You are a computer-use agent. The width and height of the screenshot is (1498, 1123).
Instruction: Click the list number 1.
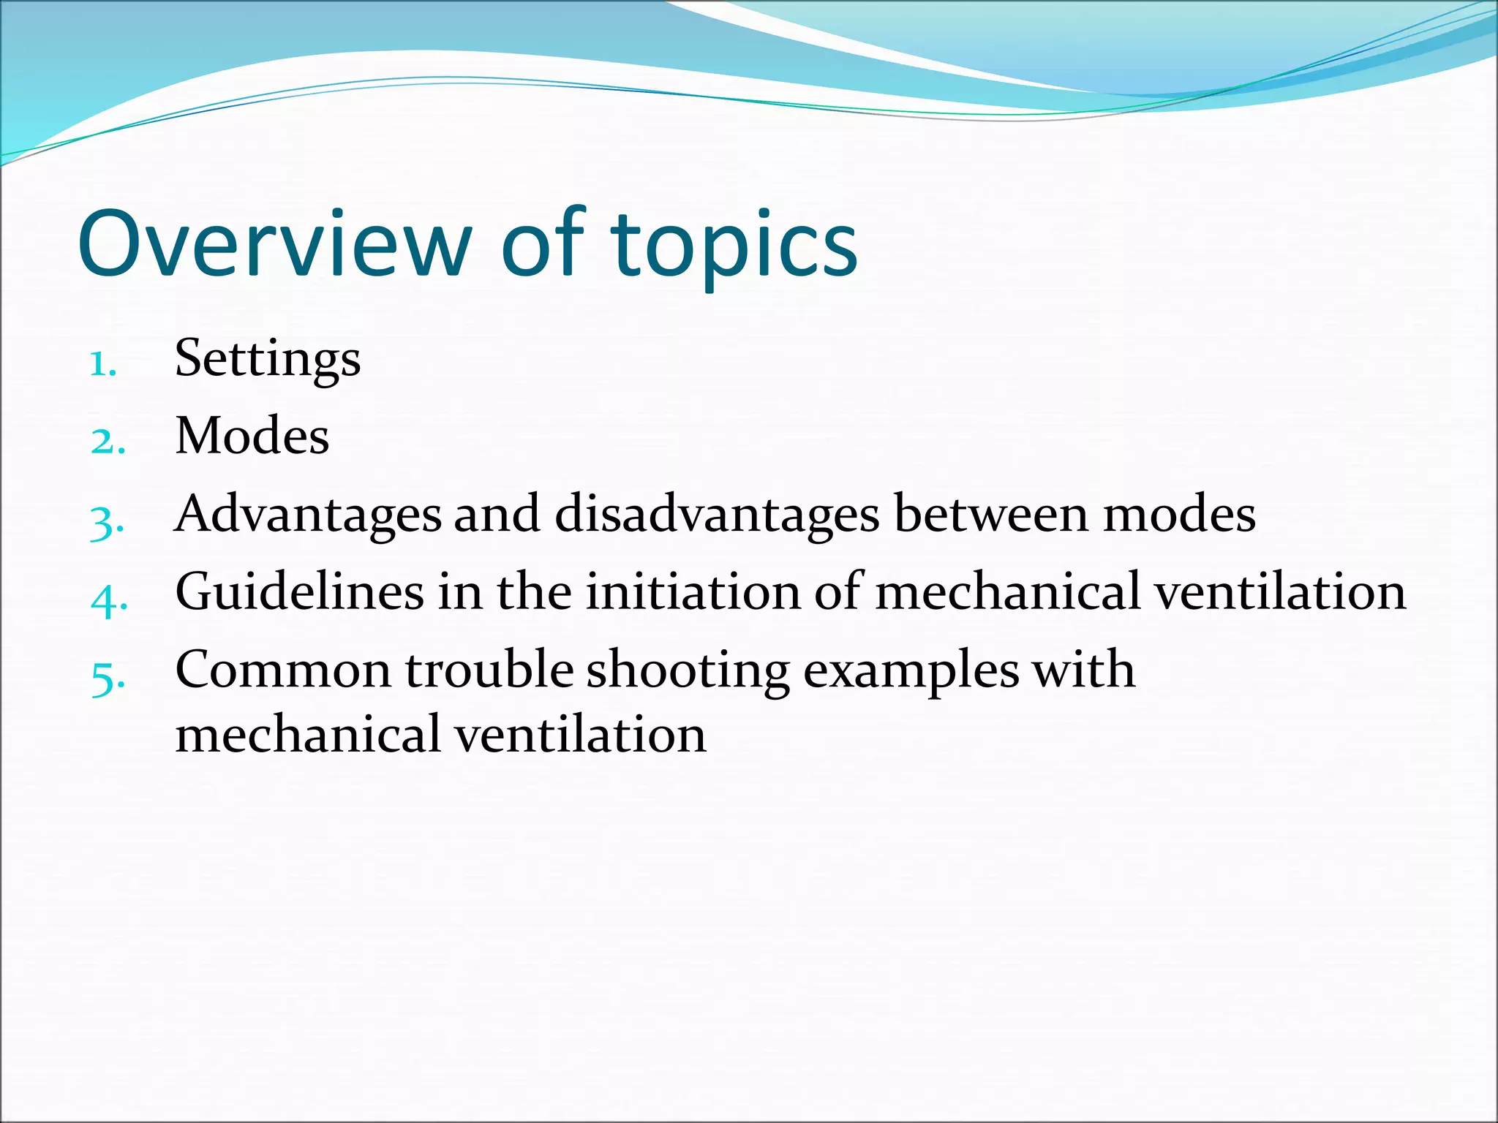tap(102, 363)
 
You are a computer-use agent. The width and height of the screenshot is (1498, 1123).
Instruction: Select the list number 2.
tap(108, 442)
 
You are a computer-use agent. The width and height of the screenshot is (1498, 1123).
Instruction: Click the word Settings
tap(268, 360)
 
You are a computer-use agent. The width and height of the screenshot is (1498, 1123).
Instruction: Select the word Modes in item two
tap(252, 436)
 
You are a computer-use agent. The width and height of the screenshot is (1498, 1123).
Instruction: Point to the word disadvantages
tap(717, 515)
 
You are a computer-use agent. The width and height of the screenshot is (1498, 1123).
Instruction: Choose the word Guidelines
tap(300, 592)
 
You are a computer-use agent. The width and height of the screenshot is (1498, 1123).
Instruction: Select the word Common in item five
tap(284, 670)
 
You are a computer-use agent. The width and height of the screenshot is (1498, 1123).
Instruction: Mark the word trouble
tap(489, 670)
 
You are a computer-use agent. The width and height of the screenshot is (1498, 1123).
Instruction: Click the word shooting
tap(688, 670)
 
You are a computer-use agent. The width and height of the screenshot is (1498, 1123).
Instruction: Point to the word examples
tap(911, 670)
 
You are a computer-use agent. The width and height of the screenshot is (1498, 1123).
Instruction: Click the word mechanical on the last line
tap(308, 735)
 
